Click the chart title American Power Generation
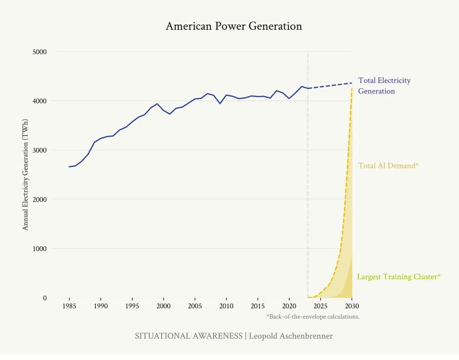[x=234, y=26]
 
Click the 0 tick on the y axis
[x=45, y=298]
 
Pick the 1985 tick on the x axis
[x=69, y=306]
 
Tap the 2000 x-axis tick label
[x=164, y=306]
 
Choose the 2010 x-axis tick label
[x=226, y=306]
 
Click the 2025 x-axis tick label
[x=320, y=306]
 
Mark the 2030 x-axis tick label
[x=352, y=306]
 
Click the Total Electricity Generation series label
[x=384, y=86]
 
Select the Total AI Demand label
[x=388, y=166]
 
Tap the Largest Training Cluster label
[x=398, y=277]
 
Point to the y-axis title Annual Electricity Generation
[x=26, y=175]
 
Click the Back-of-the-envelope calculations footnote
[x=313, y=317]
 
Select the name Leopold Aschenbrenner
[x=291, y=336]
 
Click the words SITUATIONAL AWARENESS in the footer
[x=188, y=336]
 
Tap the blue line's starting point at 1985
[x=69, y=167]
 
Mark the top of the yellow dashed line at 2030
[x=352, y=88]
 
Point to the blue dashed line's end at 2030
[x=352, y=83]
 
